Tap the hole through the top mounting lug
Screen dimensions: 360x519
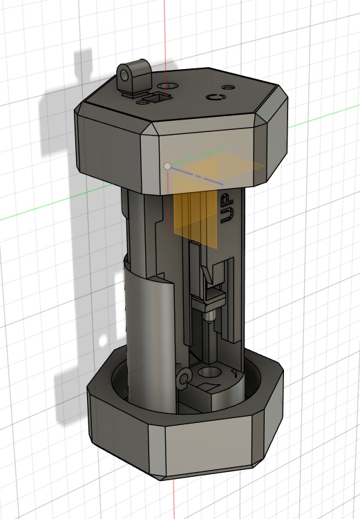click(125, 75)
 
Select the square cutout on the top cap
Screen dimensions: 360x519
click(156, 98)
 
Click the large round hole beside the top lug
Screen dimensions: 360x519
click(167, 87)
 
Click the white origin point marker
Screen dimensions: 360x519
click(168, 166)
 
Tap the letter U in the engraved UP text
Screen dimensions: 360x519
click(227, 215)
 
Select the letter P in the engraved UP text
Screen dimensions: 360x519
click(227, 200)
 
